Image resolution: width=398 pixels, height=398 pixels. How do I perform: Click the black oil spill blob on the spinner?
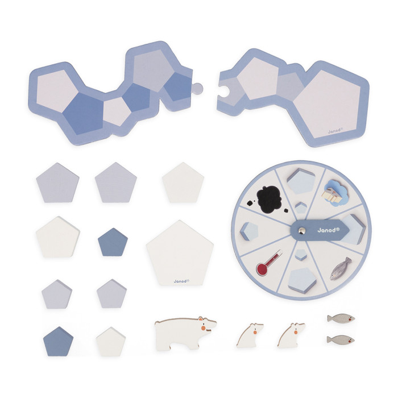(x=269, y=199)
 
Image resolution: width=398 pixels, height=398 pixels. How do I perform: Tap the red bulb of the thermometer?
(x=262, y=270)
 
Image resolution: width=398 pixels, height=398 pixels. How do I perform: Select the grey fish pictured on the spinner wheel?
(x=341, y=268)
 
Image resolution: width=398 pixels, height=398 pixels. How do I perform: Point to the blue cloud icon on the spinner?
(x=333, y=191)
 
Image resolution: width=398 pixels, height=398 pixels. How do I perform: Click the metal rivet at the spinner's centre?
(x=302, y=230)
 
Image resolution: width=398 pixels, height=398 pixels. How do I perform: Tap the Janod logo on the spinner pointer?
(x=328, y=230)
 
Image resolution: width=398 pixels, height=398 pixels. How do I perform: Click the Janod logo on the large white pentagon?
(x=181, y=281)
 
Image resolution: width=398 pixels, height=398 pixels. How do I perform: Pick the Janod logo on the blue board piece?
(x=335, y=130)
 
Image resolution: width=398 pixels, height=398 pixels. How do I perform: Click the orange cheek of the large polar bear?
(x=204, y=327)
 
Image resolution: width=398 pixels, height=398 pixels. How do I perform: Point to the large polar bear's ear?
(x=200, y=318)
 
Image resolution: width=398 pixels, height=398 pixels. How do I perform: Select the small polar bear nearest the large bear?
(x=250, y=335)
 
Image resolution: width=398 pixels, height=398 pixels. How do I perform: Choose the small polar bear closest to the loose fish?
(x=291, y=335)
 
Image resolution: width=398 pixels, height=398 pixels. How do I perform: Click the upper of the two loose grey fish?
(x=341, y=318)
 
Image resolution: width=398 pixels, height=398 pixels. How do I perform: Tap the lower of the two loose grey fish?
(x=341, y=339)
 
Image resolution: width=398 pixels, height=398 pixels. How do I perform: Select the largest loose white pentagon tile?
(x=180, y=253)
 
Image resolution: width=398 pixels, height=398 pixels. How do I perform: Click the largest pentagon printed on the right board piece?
(x=327, y=104)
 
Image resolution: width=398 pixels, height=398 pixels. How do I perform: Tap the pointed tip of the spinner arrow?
(x=349, y=230)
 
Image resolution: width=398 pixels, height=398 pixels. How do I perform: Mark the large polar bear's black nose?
(x=215, y=321)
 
